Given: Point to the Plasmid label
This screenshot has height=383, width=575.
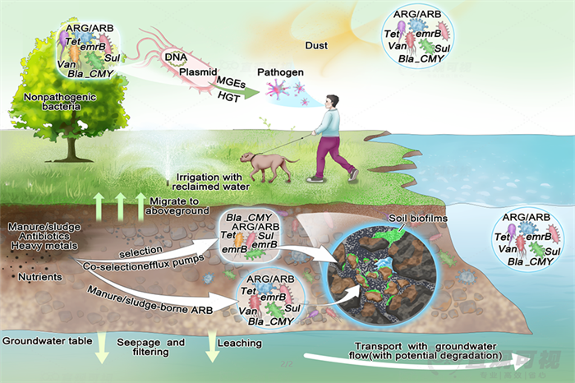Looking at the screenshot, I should pyautogui.click(x=196, y=71).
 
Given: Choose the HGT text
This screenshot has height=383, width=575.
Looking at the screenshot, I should pyautogui.click(x=228, y=96).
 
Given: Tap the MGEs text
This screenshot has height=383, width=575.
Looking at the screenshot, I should pyautogui.click(x=232, y=82).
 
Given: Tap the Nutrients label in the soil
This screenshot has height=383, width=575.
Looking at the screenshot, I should pyautogui.click(x=39, y=277).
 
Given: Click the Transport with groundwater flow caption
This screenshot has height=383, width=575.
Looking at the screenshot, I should pyautogui.click(x=426, y=350).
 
